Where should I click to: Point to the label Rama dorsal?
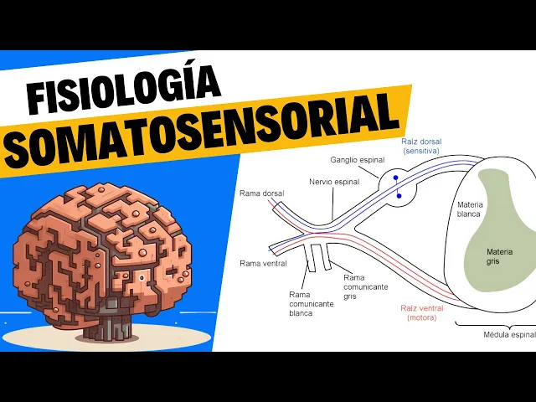(261, 193)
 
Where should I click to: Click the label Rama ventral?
(263, 263)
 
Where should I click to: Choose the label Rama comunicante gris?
(365, 286)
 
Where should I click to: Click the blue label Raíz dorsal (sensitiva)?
(421, 146)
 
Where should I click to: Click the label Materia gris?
(501, 256)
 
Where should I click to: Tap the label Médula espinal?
(508, 335)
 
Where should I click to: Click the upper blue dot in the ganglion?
(397, 178)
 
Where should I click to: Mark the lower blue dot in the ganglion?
(399, 196)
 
